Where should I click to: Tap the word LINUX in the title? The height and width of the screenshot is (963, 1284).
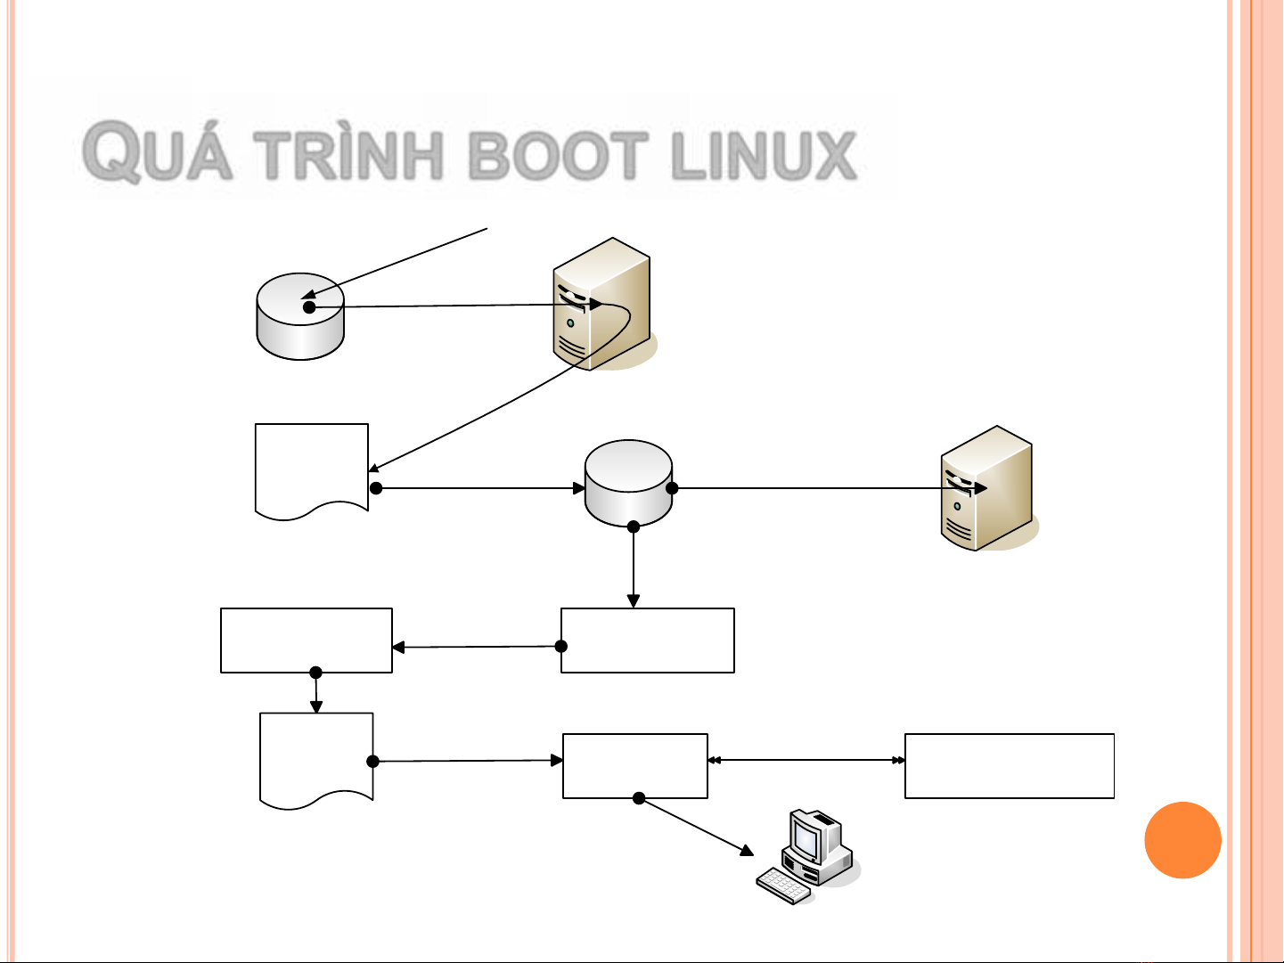pyautogui.click(x=764, y=156)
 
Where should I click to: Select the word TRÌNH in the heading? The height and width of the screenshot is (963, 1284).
pyautogui.click(x=354, y=156)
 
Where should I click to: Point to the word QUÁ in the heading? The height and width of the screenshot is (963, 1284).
pyautogui.click(x=159, y=156)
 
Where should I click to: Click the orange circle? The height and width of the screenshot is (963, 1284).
pyautogui.click(x=1182, y=840)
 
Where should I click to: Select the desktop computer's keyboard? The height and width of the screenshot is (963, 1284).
pyautogui.click(x=784, y=885)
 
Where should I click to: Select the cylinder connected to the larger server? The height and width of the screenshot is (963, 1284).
pyautogui.click(x=300, y=316)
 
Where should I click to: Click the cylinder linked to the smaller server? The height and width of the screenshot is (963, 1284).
pyautogui.click(x=628, y=483)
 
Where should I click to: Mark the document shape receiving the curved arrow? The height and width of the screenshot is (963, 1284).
pyautogui.click(x=312, y=468)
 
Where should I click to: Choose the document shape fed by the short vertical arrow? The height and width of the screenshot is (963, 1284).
pyautogui.click(x=316, y=757)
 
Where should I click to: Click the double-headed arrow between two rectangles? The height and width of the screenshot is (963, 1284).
pyautogui.click(x=806, y=761)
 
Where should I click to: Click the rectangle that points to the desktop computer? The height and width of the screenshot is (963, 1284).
pyautogui.click(x=635, y=765)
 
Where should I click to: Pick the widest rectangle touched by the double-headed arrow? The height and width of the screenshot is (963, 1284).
pyautogui.click(x=1010, y=765)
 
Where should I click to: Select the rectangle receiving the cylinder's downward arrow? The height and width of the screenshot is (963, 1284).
pyautogui.click(x=648, y=641)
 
